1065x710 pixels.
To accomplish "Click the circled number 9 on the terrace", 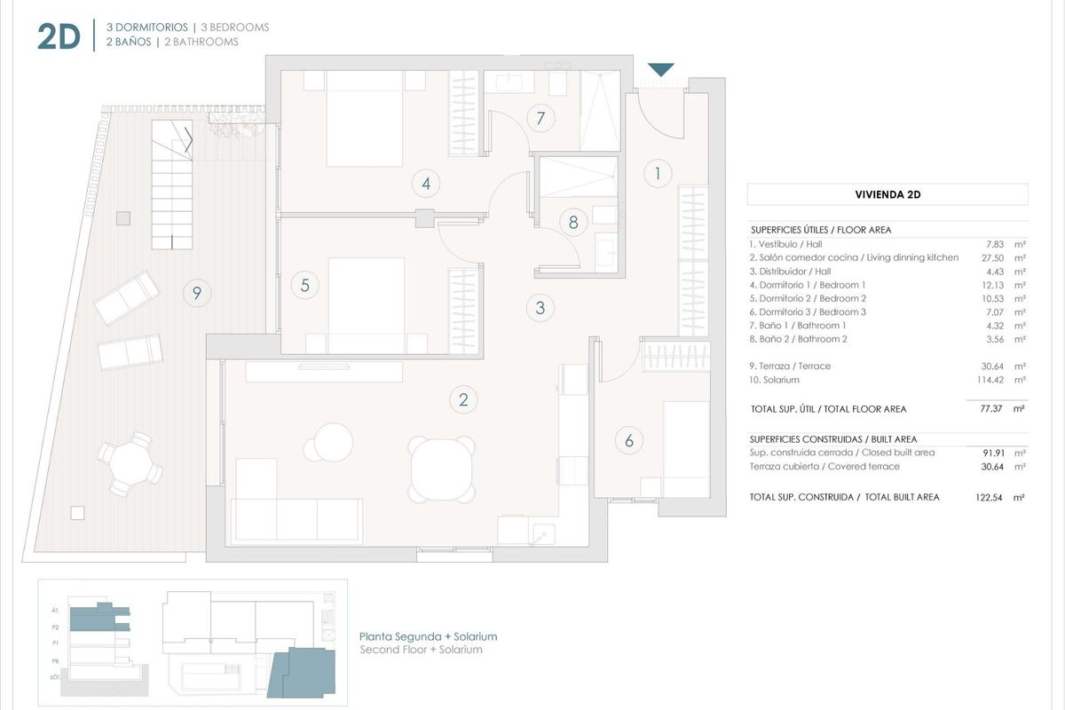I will tap(197, 292).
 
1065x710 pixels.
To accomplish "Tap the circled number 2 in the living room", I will tap(463, 399).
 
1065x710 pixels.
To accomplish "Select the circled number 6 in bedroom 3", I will tap(628, 439).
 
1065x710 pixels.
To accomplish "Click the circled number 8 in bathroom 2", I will tap(573, 222).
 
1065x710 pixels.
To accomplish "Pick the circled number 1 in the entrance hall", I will tap(657, 173).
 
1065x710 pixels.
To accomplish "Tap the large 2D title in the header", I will tap(59, 36).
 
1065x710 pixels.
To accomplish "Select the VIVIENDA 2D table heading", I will tap(887, 194).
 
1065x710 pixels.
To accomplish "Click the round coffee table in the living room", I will tap(334, 440).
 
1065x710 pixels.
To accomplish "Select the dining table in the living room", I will tap(441, 469).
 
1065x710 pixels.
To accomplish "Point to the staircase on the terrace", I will tap(172, 186).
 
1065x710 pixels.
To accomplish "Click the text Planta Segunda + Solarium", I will tap(428, 636).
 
